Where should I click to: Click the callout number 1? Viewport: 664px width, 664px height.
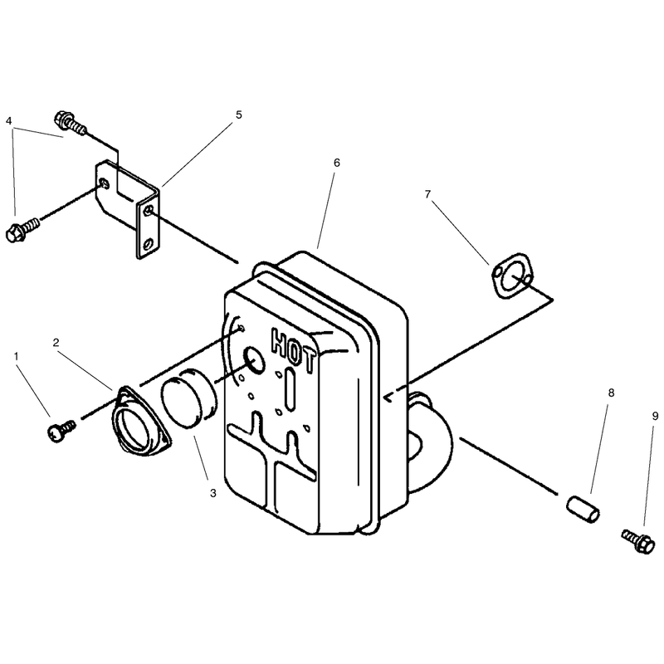17,357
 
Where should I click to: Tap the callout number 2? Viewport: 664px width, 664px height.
56,343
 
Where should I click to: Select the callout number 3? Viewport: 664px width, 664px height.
213,493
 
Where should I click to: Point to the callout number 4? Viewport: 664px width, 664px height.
8,121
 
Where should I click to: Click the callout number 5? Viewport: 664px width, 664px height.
239,115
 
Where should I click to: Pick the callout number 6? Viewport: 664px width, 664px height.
337,163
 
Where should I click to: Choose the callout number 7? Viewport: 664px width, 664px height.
427,194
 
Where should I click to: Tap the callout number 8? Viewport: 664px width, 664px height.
611,393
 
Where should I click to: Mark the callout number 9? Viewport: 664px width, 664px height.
656,417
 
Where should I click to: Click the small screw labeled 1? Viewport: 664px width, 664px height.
61,430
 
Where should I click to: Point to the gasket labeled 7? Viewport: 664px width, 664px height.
512,276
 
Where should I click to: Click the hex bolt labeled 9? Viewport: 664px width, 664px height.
638,542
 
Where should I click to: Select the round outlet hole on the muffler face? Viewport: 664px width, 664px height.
254,360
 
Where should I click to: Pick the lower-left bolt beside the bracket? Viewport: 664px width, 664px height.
23,229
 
